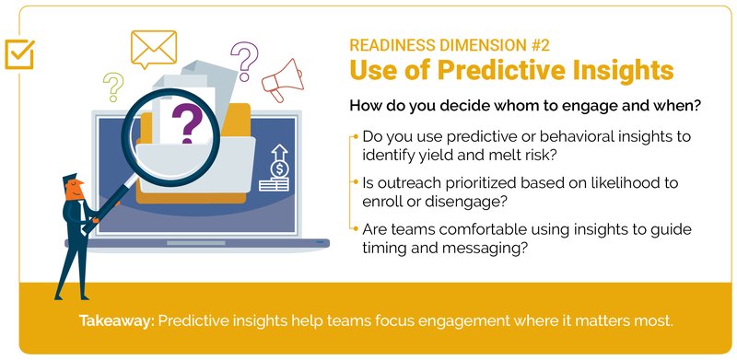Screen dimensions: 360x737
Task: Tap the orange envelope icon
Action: click(x=153, y=48)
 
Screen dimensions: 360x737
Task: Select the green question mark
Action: click(x=114, y=86)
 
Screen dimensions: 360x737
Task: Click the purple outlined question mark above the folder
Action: click(x=244, y=60)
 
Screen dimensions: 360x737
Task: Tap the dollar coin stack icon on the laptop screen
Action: click(x=275, y=169)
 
